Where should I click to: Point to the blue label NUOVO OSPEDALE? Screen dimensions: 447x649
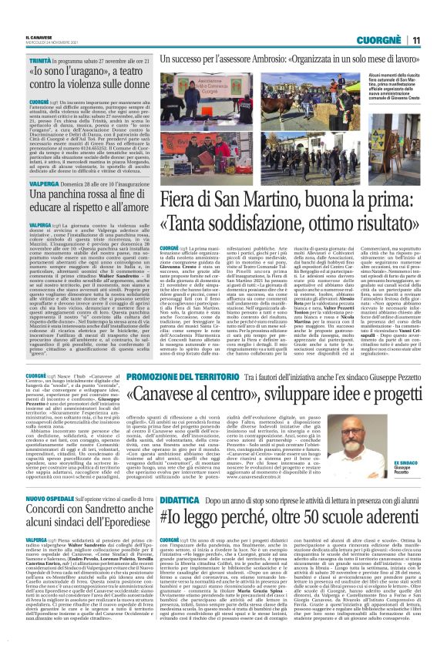[29, 499]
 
